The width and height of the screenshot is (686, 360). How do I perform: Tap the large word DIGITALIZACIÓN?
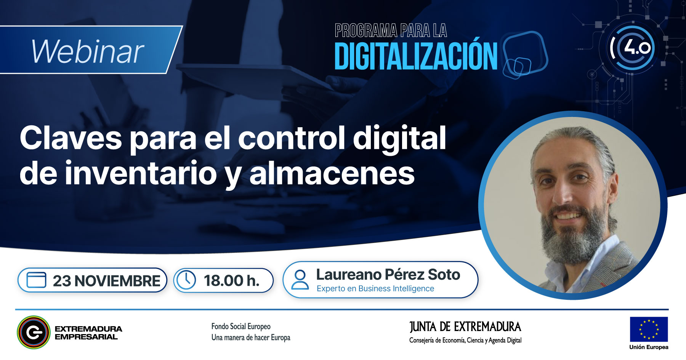416,56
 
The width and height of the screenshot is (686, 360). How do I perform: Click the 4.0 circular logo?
631,48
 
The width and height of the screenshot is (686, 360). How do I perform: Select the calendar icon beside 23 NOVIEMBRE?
36,280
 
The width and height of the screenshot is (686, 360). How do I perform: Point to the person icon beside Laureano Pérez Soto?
300,280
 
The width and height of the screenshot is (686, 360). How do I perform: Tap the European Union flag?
649,329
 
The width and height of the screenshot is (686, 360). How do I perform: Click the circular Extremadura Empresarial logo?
34,332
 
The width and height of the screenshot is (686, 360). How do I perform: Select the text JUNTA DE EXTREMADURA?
465,326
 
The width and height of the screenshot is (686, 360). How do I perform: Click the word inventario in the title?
141,173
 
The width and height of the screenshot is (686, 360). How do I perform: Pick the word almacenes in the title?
332,174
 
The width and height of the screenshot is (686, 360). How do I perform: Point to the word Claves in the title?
71,138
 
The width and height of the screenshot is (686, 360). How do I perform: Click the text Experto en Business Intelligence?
375,289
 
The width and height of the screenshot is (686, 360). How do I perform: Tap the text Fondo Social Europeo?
241,326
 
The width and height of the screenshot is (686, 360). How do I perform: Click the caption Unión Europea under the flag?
649,347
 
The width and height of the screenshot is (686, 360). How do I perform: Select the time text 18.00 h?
232,281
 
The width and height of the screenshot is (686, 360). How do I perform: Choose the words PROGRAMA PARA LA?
391,30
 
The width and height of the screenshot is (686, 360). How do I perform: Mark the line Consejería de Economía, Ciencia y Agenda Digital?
465,340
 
